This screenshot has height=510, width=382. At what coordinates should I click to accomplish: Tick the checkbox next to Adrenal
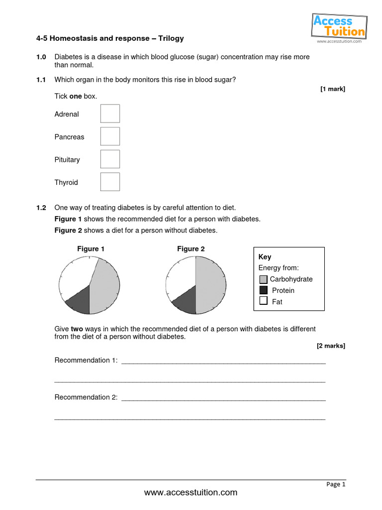click(110, 114)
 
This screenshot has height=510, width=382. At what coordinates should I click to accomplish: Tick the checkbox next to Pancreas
click(110, 136)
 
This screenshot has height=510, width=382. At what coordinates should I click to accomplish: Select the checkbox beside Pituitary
click(110, 159)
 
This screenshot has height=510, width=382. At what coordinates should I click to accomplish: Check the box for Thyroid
click(110, 182)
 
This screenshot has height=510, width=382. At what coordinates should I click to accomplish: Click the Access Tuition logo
click(339, 26)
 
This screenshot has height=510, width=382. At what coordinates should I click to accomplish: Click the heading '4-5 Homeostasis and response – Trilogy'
click(110, 38)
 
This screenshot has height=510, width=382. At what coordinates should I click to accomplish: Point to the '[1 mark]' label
click(332, 89)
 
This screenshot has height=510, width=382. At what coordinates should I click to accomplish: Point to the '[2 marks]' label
click(331, 346)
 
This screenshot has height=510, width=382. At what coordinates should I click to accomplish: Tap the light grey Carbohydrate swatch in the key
click(263, 279)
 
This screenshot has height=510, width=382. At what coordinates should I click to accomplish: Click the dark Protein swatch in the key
click(263, 290)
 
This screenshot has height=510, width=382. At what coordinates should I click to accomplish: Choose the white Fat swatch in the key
click(263, 301)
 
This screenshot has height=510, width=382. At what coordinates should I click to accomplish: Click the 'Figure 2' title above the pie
click(191, 249)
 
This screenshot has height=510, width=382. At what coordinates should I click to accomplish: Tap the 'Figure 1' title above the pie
click(91, 249)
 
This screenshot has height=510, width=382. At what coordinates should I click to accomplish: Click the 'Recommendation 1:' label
click(86, 361)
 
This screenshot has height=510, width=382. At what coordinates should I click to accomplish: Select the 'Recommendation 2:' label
click(86, 397)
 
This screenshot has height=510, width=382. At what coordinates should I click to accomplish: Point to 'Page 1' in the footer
click(336, 484)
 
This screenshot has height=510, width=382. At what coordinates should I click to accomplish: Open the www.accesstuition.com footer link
click(191, 493)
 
